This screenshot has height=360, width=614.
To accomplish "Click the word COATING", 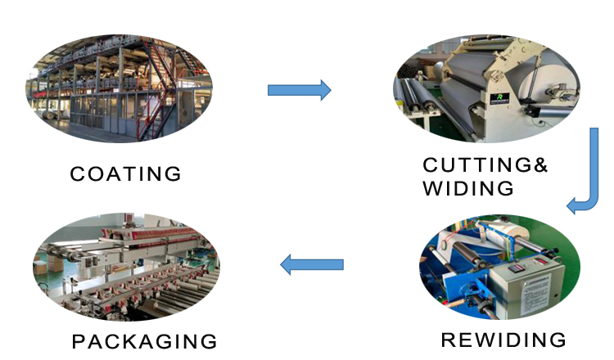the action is [125, 174].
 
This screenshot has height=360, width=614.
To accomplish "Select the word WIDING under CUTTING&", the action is [468, 189].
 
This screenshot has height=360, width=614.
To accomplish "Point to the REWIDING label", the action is [503, 340].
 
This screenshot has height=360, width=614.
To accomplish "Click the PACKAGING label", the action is [144, 341].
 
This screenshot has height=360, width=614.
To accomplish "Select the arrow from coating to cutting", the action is [299, 89].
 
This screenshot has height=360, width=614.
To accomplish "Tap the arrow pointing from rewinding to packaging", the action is [312, 264].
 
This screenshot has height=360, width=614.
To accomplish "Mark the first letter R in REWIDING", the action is [448, 340].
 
